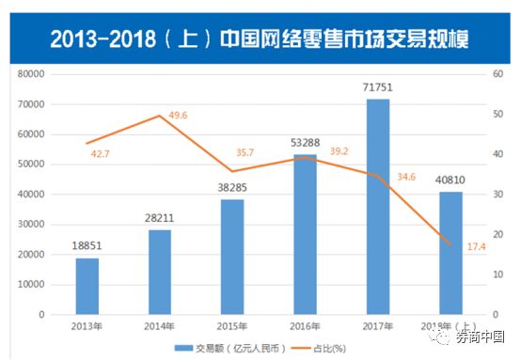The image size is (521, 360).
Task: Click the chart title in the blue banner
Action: click(x=260, y=38)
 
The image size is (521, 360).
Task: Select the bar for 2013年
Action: click(x=87, y=286)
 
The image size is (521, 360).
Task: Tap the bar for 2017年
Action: click(x=377, y=207)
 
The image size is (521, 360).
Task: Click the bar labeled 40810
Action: click(x=450, y=253)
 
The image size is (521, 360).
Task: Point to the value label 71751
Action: click(x=377, y=88)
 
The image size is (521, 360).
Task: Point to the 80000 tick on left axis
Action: click(x=31, y=73)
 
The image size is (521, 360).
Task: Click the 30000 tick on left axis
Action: click(x=31, y=224)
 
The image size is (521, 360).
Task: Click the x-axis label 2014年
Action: click(x=160, y=325)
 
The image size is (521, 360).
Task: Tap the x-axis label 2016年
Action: click(x=305, y=325)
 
